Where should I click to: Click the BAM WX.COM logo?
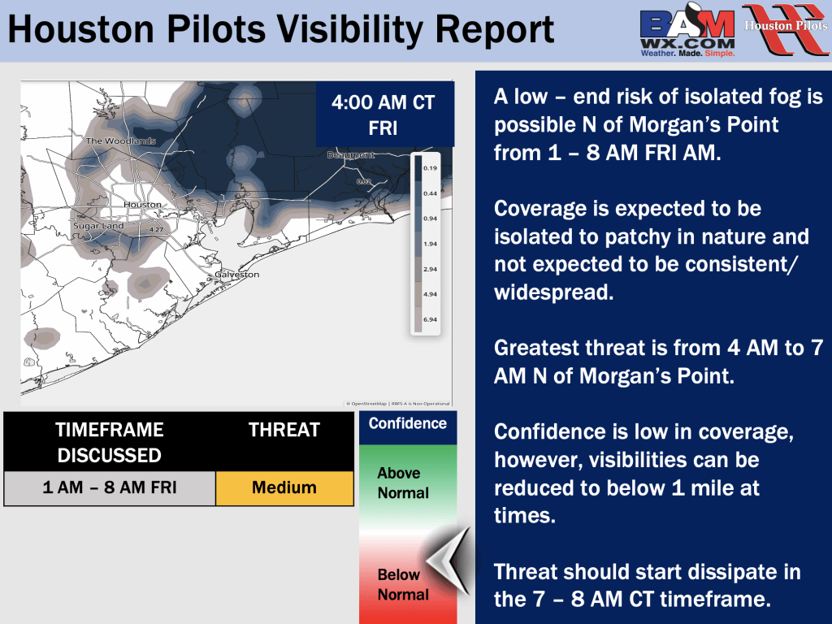click(x=687, y=30)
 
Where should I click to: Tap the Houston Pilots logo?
click(x=786, y=29)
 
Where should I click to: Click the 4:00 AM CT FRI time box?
click(x=384, y=114)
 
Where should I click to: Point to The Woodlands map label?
click(x=121, y=141)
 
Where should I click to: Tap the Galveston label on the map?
click(x=237, y=275)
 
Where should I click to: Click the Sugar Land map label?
click(x=98, y=226)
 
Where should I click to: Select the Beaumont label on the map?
click(x=351, y=155)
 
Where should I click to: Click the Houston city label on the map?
click(x=142, y=204)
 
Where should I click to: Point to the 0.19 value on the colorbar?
click(x=430, y=168)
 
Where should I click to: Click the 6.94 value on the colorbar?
click(x=430, y=319)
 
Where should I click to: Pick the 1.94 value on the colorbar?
click(x=430, y=244)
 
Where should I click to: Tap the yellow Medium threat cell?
click(x=284, y=487)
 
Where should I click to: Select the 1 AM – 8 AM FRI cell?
click(x=110, y=487)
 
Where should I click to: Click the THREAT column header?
click(x=284, y=430)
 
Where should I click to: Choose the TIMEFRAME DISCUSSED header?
click(x=110, y=443)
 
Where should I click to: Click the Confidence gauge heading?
click(x=408, y=423)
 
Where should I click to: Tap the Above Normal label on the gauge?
click(x=403, y=483)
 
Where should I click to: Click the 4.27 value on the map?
click(x=156, y=230)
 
